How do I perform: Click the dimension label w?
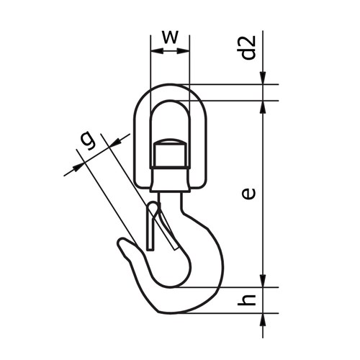tap(169, 37)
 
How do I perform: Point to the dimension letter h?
tap(248, 300)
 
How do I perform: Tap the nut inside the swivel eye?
tap(170, 153)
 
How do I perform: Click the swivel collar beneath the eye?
tap(170, 179)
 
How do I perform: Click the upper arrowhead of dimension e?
tap(264, 104)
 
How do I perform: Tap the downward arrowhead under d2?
tap(264, 80)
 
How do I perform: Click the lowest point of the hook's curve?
tap(176, 312)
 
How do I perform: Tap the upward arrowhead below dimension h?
tap(264, 318)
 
